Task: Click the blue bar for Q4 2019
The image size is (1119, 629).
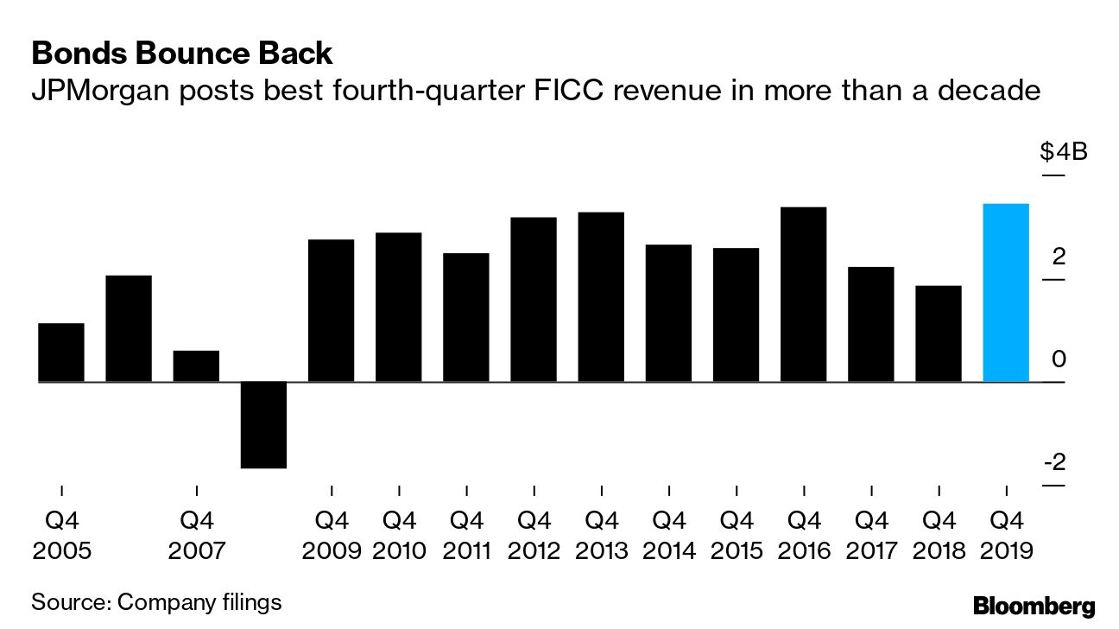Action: point(1006,293)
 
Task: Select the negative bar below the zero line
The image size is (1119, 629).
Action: point(263,424)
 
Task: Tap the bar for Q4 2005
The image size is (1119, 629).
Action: point(61,353)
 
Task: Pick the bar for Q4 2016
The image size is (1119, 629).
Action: point(803,295)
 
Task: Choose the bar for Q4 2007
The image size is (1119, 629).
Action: point(196,366)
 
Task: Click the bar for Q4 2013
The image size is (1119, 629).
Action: point(601,297)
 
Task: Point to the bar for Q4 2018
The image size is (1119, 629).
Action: point(939,334)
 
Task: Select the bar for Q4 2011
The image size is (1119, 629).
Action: point(466,317)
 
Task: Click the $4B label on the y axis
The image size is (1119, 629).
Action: point(1063,153)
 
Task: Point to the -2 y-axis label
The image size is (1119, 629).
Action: point(1054,463)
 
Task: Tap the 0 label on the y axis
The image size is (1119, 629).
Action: point(1059,359)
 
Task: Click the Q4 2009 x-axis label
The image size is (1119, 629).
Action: point(332,536)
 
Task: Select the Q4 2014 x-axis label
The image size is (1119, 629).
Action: point(668,536)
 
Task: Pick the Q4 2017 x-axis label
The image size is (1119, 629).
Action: point(871,536)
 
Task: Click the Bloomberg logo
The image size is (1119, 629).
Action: point(1034,606)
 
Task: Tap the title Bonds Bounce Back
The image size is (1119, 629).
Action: point(181,54)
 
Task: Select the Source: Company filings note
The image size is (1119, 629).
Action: point(156,601)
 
